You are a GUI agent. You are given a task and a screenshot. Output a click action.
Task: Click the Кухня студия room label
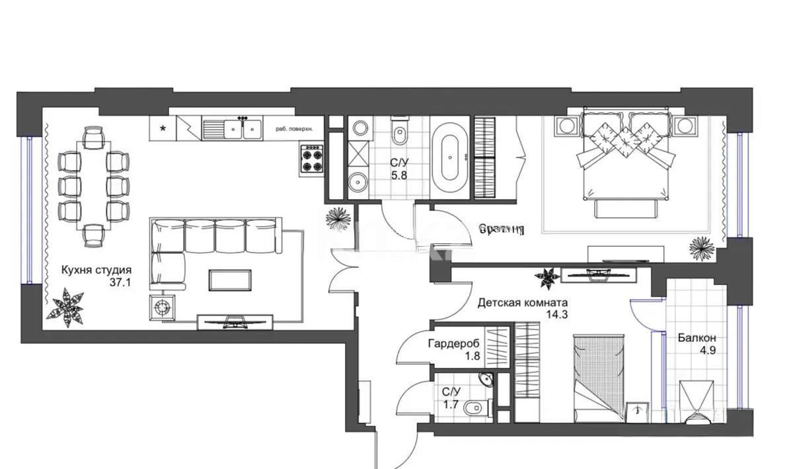point(96,270)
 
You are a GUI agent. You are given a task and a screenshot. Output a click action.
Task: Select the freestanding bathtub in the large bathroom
point(451,157)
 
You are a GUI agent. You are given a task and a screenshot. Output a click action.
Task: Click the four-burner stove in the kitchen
point(311,159)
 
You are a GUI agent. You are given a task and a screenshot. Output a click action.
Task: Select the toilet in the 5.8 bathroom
point(400,134)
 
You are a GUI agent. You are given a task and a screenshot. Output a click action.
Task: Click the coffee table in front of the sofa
point(229,280)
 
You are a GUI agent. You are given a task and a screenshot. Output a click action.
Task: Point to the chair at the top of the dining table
point(94,138)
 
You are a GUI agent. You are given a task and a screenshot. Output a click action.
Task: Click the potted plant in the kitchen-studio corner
point(67,308)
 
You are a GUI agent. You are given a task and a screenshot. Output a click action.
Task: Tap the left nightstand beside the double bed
point(567,125)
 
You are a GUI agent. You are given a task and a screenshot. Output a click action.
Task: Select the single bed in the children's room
point(598,377)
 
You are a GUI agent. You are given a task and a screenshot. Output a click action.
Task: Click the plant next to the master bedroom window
point(701,247)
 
